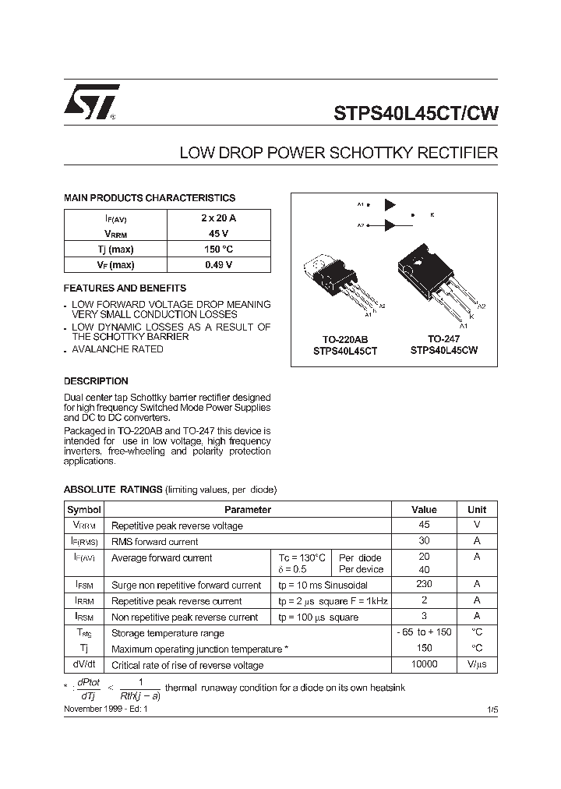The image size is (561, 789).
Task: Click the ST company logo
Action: pyautogui.click(x=91, y=102)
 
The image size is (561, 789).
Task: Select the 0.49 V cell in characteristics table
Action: pyautogui.click(x=218, y=265)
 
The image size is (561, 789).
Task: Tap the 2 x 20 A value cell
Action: pyautogui.click(x=218, y=218)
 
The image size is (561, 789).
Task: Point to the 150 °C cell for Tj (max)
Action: pyautogui.click(x=218, y=249)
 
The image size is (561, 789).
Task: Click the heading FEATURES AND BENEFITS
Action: pyautogui.click(x=125, y=288)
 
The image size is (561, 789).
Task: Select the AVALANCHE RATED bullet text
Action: pyautogui.click(x=118, y=349)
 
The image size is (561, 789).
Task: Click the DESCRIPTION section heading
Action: pyautogui.click(x=96, y=381)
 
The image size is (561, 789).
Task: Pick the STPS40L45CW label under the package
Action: pyautogui.click(x=443, y=351)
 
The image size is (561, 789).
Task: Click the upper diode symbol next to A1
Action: pyautogui.click(x=390, y=205)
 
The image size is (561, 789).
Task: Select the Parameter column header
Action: pyautogui.click(x=248, y=510)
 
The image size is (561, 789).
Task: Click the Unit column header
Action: pyautogui.click(x=477, y=510)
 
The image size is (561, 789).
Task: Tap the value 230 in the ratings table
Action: pyautogui.click(x=425, y=584)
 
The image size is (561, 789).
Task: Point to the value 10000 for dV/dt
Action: pyautogui.click(x=425, y=664)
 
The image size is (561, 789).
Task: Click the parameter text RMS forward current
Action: pyautogui.click(x=155, y=542)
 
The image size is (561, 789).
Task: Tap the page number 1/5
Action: pyautogui.click(x=490, y=709)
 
